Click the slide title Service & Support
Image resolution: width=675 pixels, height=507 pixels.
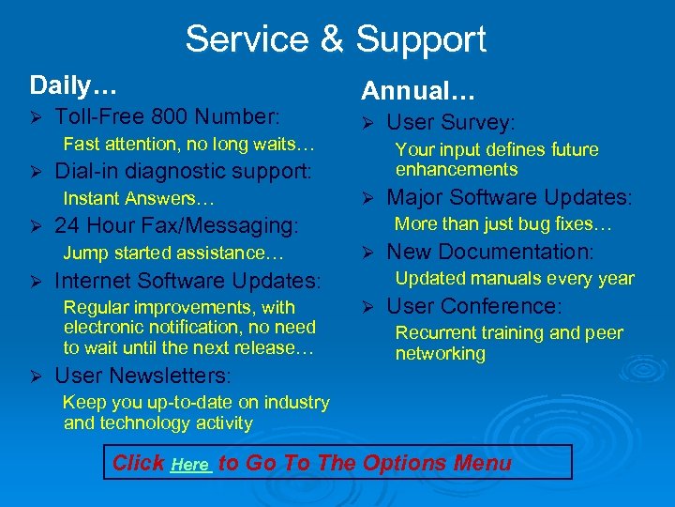[336, 39]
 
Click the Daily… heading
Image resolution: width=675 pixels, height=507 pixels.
[73, 85]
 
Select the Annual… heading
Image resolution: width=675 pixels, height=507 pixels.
[418, 91]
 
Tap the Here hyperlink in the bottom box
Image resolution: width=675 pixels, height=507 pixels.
[191, 465]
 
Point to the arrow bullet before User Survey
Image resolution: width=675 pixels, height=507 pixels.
[368, 123]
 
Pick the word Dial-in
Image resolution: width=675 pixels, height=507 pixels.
[83, 172]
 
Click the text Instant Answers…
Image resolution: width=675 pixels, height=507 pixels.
[139, 198]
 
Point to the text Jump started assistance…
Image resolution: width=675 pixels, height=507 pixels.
[173, 253]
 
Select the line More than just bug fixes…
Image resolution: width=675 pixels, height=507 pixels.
[503, 224]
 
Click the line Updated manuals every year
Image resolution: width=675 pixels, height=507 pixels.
[515, 279]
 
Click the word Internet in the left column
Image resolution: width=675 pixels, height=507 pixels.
[92, 281]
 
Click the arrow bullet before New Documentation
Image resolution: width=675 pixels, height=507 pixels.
[368, 253]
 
